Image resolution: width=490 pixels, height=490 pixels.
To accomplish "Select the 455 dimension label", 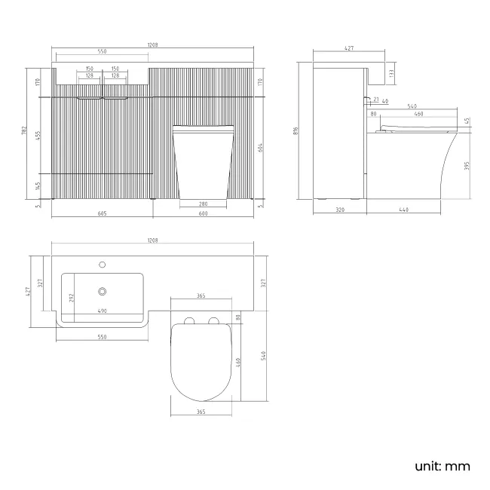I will (38, 136).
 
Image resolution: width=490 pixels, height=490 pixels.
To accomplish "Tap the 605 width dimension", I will (102, 214).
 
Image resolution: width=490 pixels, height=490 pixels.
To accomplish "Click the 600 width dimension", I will (203, 214).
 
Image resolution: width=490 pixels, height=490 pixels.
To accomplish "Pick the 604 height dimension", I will (260, 148).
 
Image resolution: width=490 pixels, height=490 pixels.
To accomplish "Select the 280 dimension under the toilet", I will (203, 204).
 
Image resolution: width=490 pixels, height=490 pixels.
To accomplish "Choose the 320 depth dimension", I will (339, 210).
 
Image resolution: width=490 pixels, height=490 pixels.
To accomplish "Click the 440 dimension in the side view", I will (404, 210).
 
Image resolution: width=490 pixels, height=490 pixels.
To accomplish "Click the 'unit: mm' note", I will (442, 466).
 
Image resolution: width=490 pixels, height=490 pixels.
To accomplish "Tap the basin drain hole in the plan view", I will (101, 289).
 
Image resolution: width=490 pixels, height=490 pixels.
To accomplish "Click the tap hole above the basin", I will (101, 265).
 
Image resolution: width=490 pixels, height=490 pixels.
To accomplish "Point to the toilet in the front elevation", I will (203, 162).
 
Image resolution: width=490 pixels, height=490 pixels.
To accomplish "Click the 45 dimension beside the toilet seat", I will (467, 121).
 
